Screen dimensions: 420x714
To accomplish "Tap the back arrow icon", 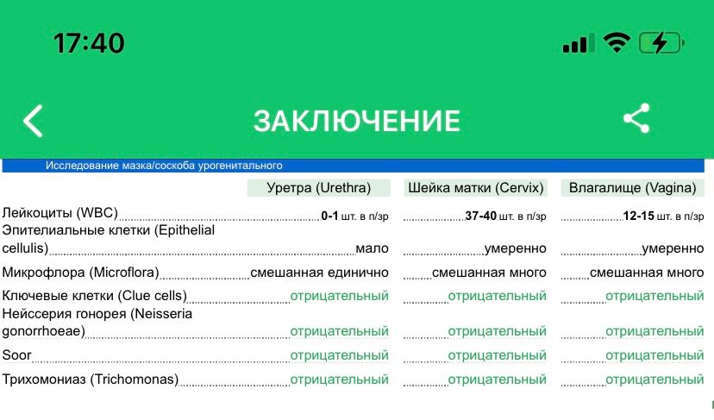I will coord(33,121).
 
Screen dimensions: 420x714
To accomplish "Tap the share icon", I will coord(636,119).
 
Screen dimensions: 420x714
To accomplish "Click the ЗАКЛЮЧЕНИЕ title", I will coord(356,120).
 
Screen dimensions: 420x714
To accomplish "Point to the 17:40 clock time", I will coord(89,42).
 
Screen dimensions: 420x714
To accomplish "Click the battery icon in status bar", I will coord(661,42).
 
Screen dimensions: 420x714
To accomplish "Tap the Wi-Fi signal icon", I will coord(617,42).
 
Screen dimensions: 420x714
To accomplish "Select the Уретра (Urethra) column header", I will coord(318,188).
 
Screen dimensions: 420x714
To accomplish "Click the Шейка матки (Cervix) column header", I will coord(475,188).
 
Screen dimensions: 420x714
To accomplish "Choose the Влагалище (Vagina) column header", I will coord(632,188).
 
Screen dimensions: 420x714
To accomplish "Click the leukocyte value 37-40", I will coord(480,215).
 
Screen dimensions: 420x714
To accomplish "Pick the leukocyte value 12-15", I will coord(639,215).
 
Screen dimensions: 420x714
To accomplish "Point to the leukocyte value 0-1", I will coord(329,215).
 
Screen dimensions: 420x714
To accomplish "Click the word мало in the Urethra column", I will coord(372,248).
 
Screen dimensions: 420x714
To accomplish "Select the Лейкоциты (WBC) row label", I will coord(60,213).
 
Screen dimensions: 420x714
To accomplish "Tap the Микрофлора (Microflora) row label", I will coord(81,273).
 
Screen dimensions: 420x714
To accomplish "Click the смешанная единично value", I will coord(319,273).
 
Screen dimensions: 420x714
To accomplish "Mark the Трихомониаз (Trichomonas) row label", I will coord(90,379).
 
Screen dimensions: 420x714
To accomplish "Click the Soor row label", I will coord(16,354).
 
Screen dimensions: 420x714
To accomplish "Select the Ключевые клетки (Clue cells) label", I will coord(94,296).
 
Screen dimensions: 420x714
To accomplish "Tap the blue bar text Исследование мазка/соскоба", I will coord(164,166).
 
